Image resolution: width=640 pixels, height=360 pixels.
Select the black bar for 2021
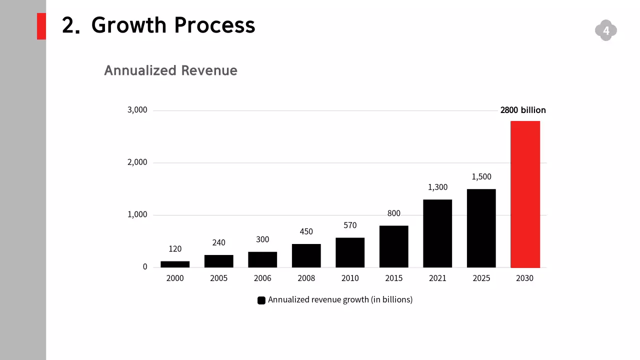[x=437, y=233]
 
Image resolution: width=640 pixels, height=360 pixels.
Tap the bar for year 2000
[x=175, y=264]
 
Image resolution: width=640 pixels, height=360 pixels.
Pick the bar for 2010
[x=350, y=252]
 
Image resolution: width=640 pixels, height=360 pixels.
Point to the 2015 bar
[x=394, y=246]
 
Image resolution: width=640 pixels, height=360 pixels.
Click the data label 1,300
[x=437, y=187]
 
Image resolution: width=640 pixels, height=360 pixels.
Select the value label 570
[x=350, y=225]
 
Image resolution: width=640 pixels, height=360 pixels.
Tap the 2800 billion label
[x=523, y=110]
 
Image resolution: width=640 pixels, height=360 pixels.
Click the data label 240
[x=218, y=242]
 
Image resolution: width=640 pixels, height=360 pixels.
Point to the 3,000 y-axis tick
[x=137, y=110]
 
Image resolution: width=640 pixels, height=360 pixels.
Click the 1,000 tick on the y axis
[x=137, y=214]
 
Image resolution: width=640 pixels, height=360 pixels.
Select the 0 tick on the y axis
[x=145, y=267]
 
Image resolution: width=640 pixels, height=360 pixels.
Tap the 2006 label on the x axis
[x=262, y=278]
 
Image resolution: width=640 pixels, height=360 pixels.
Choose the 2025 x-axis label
[x=481, y=278]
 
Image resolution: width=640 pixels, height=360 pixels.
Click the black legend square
[x=261, y=300]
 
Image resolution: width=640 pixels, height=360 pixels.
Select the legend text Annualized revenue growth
[x=340, y=300]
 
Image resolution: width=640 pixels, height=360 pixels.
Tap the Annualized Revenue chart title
[x=170, y=70]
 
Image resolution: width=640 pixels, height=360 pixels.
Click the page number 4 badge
[x=606, y=31]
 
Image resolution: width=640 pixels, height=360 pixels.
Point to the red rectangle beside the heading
[x=41, y=26]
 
